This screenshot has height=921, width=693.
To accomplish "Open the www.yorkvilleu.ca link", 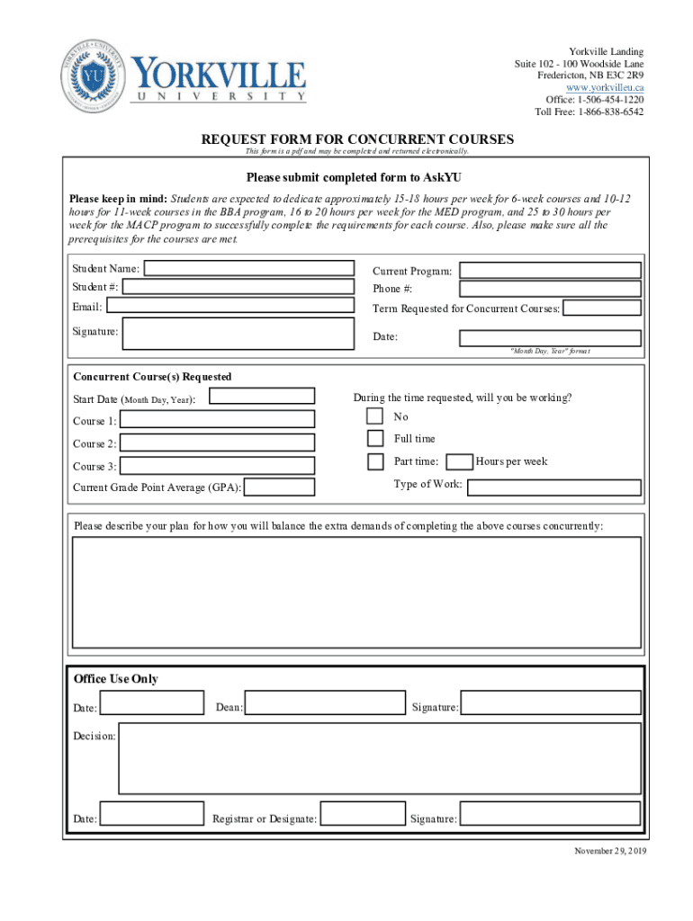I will click(605, 87).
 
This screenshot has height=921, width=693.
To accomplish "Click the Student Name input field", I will click(249, 268).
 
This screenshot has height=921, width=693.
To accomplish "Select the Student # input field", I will click(238, 287).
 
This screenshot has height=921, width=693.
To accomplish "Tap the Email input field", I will click(230, 306).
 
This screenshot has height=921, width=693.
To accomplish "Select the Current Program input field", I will click(550, 270).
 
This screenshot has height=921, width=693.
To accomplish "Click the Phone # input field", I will click(550, 289).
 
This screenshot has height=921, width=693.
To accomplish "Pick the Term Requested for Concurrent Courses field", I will click(602, 308).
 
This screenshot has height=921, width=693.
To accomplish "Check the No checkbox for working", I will click(375, 416).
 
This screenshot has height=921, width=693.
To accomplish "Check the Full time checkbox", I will click(375, 439).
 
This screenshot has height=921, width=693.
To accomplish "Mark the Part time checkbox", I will click(375, 461).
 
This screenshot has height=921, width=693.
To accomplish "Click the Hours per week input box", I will click(460, 461).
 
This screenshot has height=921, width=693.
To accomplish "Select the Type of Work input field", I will click(554, 487).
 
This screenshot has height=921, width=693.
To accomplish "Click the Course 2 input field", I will click(217, 443).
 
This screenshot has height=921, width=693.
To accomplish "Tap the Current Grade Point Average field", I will click(280, 487).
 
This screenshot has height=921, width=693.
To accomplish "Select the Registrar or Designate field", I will click(363, 813).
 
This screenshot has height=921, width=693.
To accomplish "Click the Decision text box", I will click(380, 757).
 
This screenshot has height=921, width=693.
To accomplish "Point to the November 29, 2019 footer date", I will click(610, 851).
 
